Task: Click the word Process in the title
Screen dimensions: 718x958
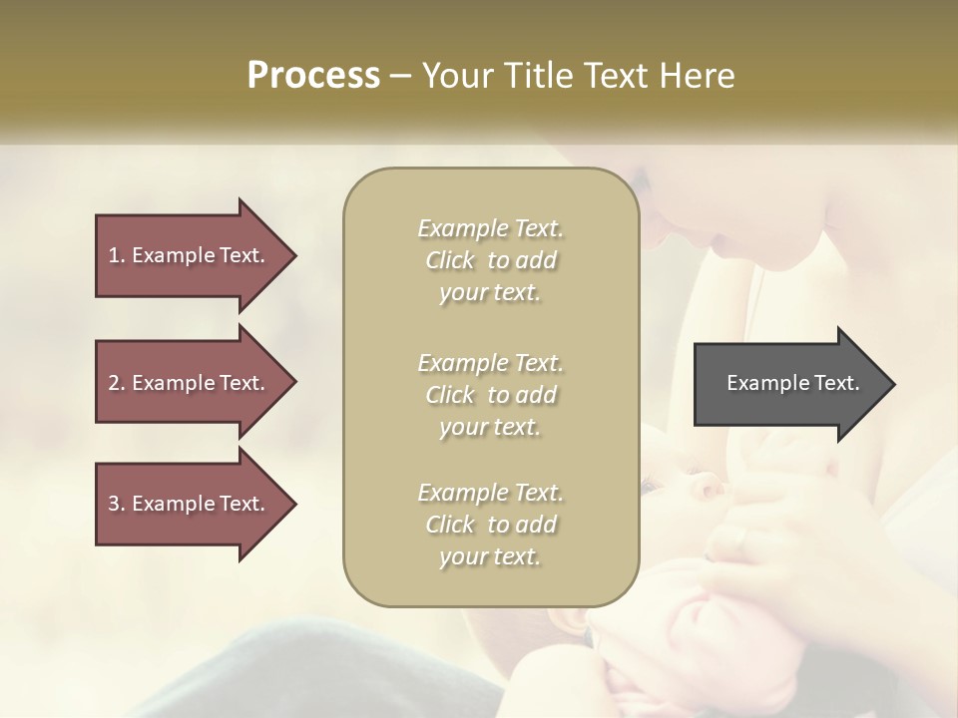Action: [x=313, y=76]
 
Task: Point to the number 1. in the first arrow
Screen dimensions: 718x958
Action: [x=116, y=255]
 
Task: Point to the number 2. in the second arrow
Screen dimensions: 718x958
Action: [x=116, y=383]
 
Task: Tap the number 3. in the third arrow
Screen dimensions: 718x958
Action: [x=116, y=504]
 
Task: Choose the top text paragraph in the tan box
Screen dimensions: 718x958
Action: [x=490, y=260]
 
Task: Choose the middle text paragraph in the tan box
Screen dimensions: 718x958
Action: [x=490, y=395]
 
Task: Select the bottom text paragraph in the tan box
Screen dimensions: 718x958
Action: [x=490, y=525]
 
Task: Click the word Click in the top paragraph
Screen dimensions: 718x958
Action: [x=450, y=260]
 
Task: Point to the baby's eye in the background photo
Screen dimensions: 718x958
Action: [x=650, y=486]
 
